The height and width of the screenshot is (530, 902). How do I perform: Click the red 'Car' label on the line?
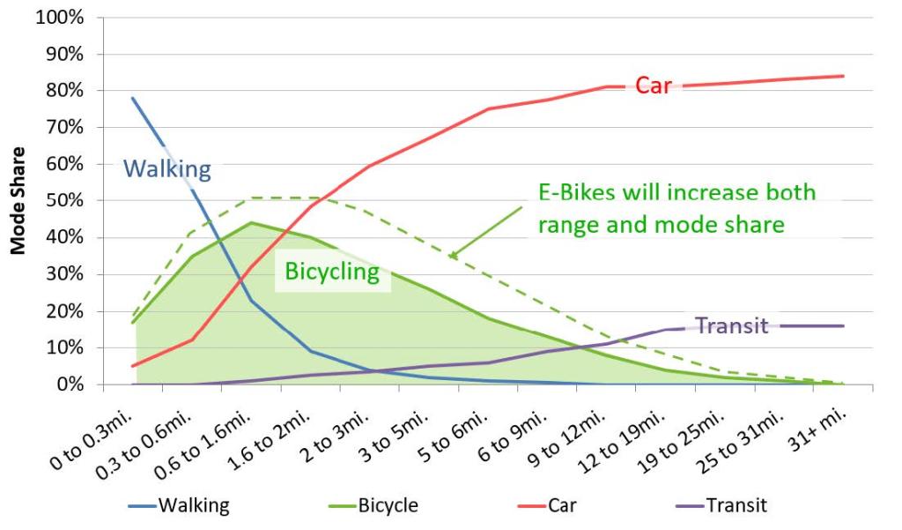(653, 86)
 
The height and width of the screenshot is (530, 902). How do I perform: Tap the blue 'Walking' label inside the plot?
(166, 168)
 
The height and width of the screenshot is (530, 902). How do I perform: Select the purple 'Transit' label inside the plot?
(732, 325)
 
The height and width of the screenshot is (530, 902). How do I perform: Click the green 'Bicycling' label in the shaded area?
(331, 272)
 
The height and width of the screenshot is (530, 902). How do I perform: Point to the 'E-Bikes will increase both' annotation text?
(676, 193)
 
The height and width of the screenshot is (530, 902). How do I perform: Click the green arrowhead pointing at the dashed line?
(453, 257)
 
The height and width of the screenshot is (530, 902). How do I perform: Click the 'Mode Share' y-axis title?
(18, 201)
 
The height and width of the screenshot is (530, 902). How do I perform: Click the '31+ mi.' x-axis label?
(817, 425)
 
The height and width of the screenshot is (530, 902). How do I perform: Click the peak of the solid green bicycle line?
(251, 222)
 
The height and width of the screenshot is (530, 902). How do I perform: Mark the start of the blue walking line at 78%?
(133, 98)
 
